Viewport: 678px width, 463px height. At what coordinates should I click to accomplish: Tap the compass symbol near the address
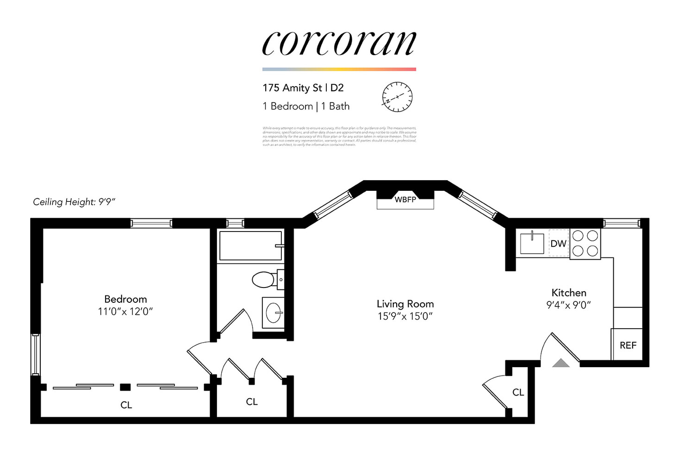point(397,97)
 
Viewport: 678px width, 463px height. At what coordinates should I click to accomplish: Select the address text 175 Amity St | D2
point(303,88)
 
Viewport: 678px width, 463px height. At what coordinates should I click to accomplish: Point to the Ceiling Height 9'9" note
point(74,202)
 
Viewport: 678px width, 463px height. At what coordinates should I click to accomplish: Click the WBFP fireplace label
point(405,200)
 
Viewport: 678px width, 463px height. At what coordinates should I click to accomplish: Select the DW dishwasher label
point(559,244)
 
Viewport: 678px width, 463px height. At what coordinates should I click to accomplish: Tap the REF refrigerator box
point(628,345)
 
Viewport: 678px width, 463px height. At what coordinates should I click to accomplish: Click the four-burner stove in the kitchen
point(585,244)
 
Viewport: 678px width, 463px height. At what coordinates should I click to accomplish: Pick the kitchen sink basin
point(532,244)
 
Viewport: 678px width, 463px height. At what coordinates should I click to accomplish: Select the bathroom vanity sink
point(274,313)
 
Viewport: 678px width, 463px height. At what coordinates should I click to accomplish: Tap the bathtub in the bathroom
point(250,246)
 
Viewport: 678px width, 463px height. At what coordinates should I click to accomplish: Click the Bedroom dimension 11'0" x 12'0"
point(125,311)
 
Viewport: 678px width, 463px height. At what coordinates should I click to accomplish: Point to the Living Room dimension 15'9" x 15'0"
point(405,316)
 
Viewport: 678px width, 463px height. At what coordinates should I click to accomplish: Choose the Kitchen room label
point(569,293)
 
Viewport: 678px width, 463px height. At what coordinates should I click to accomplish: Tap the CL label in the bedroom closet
point(126,405)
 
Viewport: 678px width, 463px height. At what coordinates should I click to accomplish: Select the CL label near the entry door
point(518,392)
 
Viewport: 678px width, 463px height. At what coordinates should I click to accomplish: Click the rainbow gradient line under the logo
point(339,69)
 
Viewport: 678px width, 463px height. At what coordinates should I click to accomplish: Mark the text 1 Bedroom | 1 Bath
point(306,106)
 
